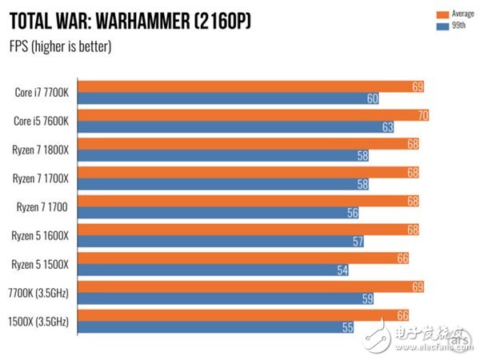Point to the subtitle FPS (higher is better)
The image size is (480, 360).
(x=60, y=46)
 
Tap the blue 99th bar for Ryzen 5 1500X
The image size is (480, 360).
(x=216, y=270)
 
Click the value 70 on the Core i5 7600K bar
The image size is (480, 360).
(x=423, y=115)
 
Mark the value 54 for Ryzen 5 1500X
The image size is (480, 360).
(x=342, y=270)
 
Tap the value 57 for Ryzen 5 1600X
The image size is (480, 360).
(x=358, y=242)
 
